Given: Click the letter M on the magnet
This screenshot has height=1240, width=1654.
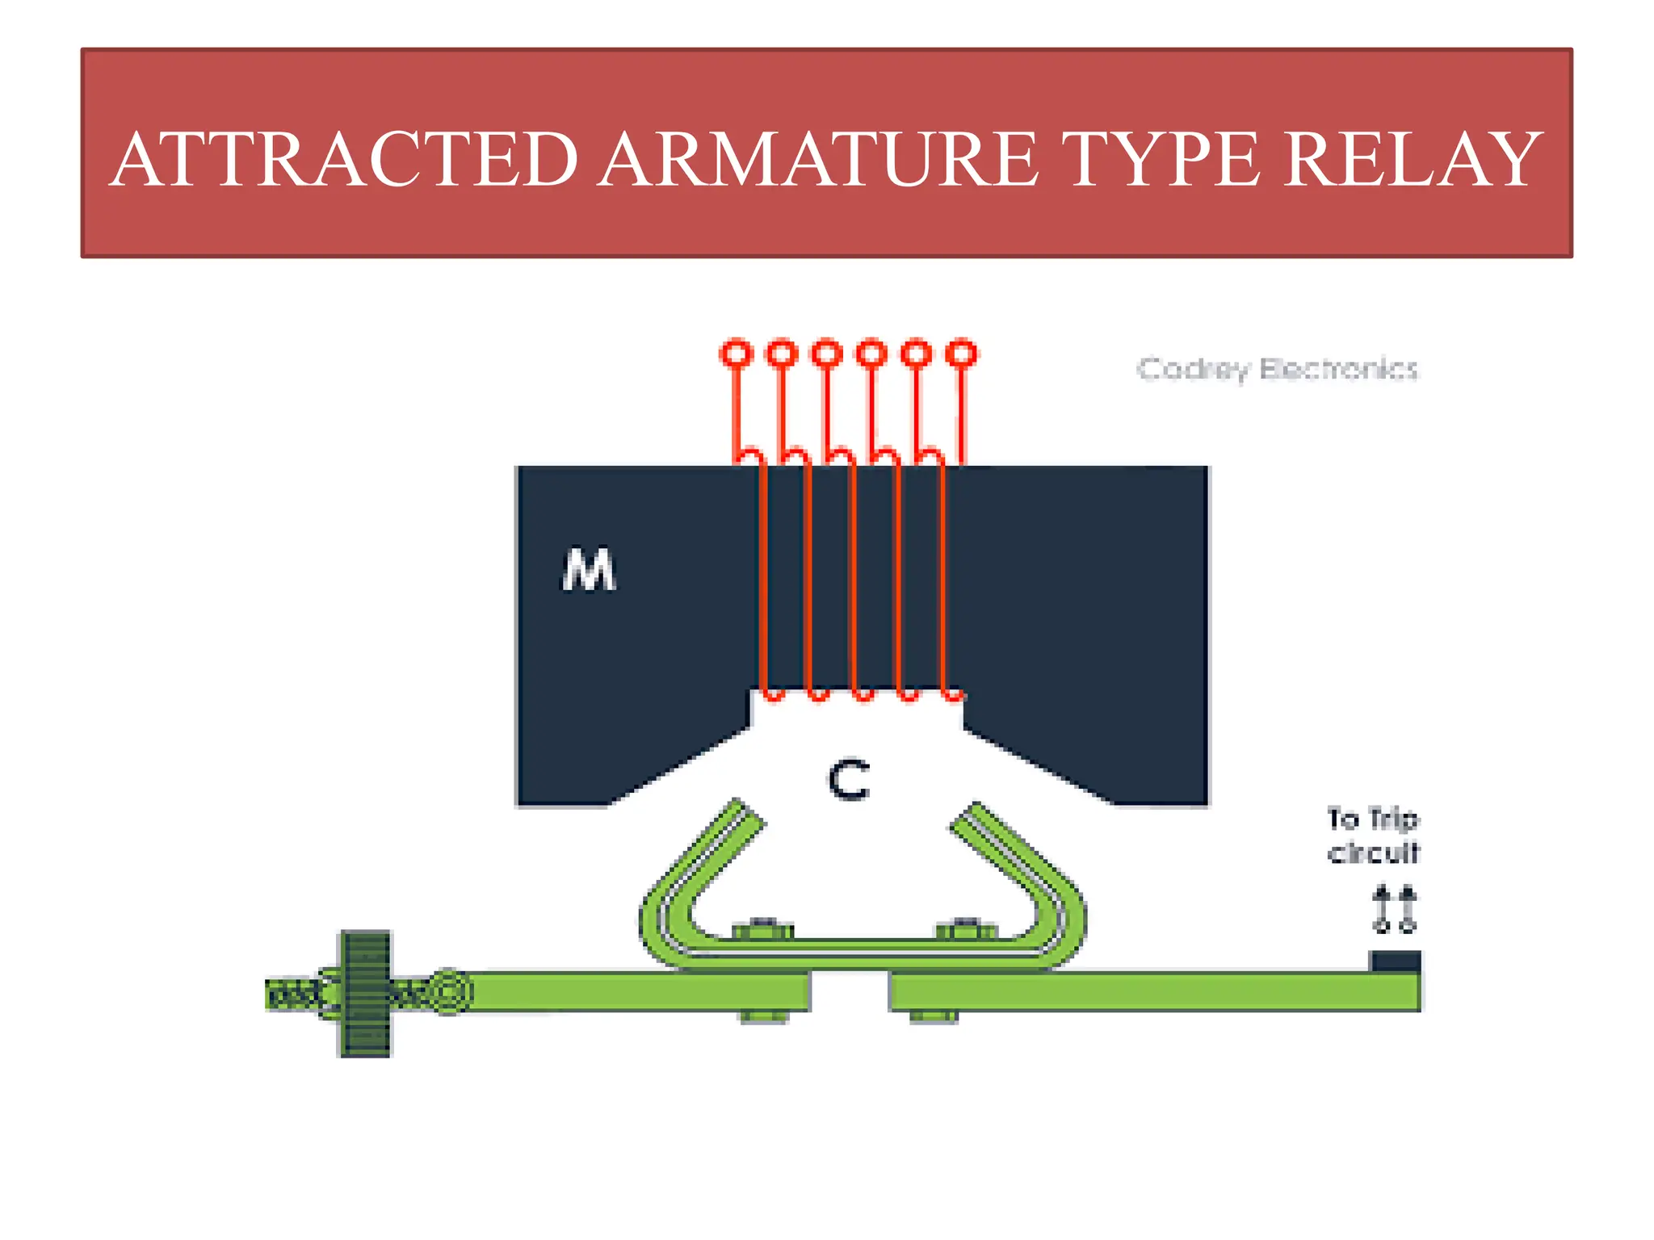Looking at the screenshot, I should coord(589,570).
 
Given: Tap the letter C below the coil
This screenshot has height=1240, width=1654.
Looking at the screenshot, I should coord(849,781).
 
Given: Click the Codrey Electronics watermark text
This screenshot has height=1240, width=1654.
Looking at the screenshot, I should coord(1277,370).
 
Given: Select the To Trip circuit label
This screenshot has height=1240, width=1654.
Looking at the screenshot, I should coord(1373,836).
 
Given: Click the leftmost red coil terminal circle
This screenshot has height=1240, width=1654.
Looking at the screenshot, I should coord(736,354).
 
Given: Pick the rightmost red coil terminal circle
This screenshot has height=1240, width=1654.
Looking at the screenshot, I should coord(961,354).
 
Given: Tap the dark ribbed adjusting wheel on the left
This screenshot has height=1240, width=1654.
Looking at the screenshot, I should coord(365,994).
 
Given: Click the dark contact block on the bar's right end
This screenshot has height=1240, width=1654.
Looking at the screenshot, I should coord(1395,961).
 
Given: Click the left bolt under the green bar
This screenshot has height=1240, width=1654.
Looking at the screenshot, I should coord(763,1016).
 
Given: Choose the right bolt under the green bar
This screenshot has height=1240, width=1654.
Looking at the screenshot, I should coord(933,1016).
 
